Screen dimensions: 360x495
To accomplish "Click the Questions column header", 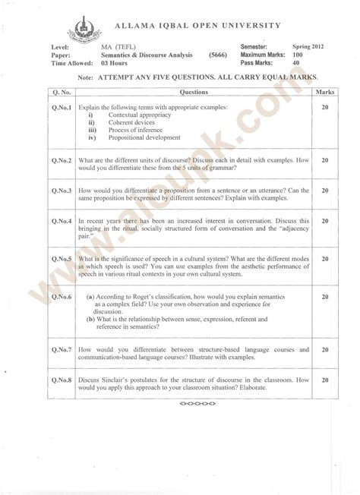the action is (189, 91).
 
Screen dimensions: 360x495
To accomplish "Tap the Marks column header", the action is (324, 91).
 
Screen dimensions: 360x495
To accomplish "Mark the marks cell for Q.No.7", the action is (324, 349).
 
